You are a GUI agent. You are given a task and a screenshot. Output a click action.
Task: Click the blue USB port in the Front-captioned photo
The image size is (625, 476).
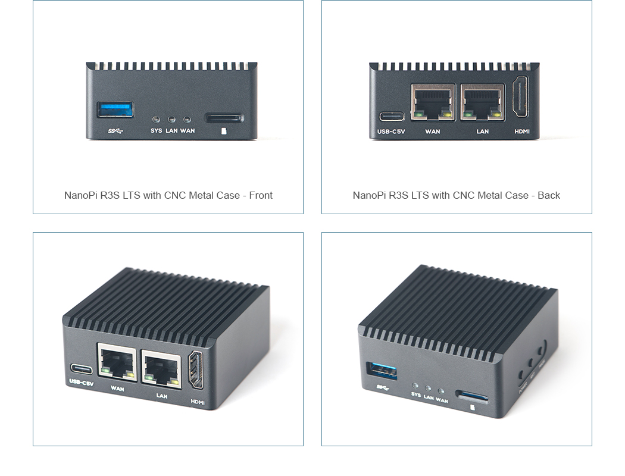pyautogui.click(x=115, y=109)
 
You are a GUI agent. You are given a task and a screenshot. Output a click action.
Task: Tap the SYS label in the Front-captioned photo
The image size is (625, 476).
pyautogui.click(x=156, y=131)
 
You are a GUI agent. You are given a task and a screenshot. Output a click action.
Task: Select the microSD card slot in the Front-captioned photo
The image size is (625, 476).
pyautogui.click(x=224, y=118)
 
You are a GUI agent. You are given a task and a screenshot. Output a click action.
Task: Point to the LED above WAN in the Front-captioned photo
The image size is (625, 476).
pyautogui.click(x=187, y=120)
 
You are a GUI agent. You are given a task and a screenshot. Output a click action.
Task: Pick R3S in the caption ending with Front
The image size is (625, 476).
pyautogui.click(x=109, y=195)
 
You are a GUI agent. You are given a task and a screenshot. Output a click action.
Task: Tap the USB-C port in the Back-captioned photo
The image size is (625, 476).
pyautogui.click(x=391, y=116)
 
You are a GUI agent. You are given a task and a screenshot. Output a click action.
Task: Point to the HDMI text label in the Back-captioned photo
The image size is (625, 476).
pyautogui.click(x=522, y=131)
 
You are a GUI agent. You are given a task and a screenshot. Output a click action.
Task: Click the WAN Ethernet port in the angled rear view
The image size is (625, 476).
pyautogui.click(x=117, y=362)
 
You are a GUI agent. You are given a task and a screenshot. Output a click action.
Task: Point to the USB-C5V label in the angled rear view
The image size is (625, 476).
pyautogui.click(x=81, y=383)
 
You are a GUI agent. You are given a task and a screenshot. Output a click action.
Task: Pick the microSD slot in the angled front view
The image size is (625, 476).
pyautogui.click(x=472, y=396)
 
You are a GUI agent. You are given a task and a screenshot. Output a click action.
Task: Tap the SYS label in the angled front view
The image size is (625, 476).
pyautogui.click(x=415, y=395)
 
